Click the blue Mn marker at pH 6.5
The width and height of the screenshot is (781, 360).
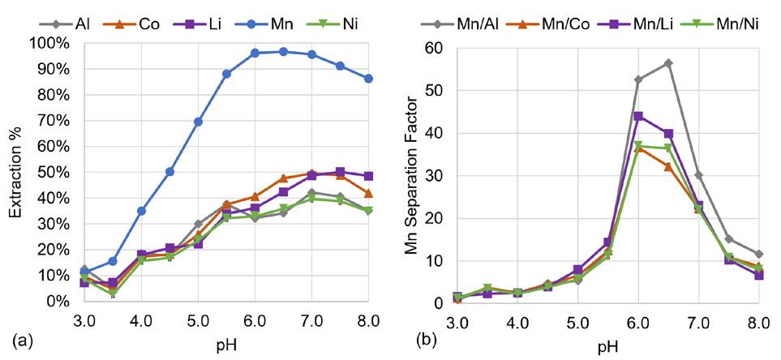(x=283, y=51)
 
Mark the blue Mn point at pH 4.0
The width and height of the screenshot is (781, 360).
(x=141, y=210)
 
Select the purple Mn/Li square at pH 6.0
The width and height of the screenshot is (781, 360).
(x=637, y=116)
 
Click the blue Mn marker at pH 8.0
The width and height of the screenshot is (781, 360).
(x=369, y=78)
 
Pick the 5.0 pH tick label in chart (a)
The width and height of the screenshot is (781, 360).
(x=198, y=319)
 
